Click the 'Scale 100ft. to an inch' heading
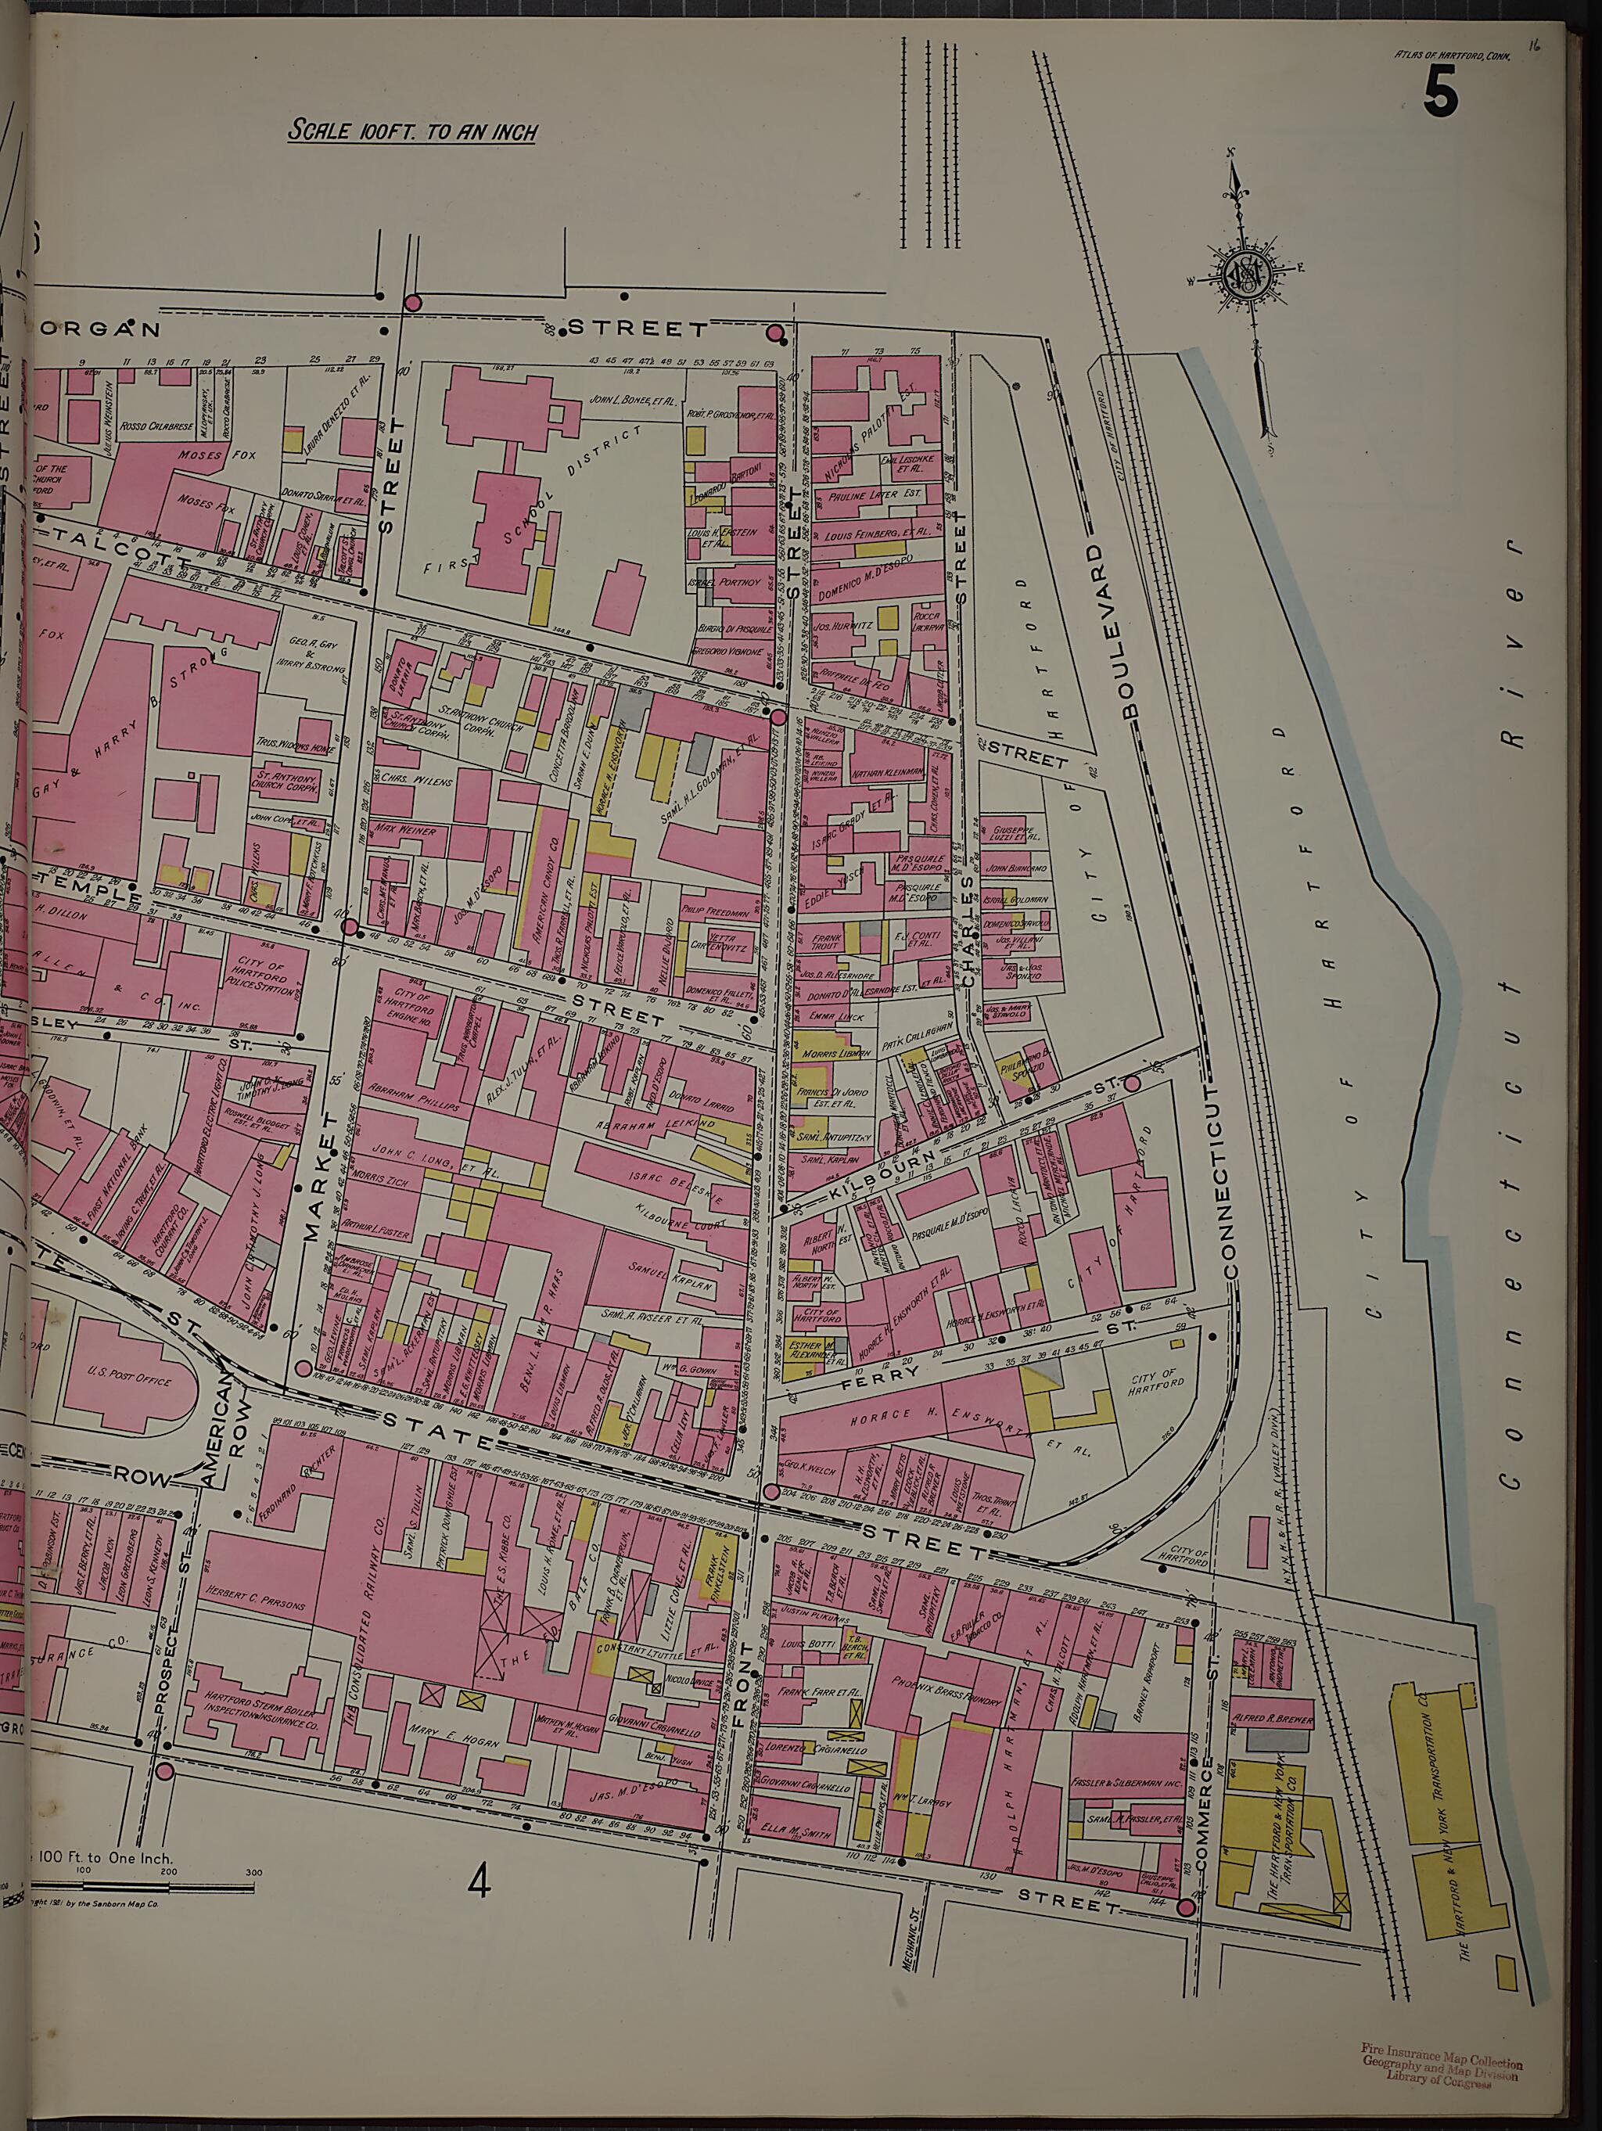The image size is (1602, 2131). coord(412,131)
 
